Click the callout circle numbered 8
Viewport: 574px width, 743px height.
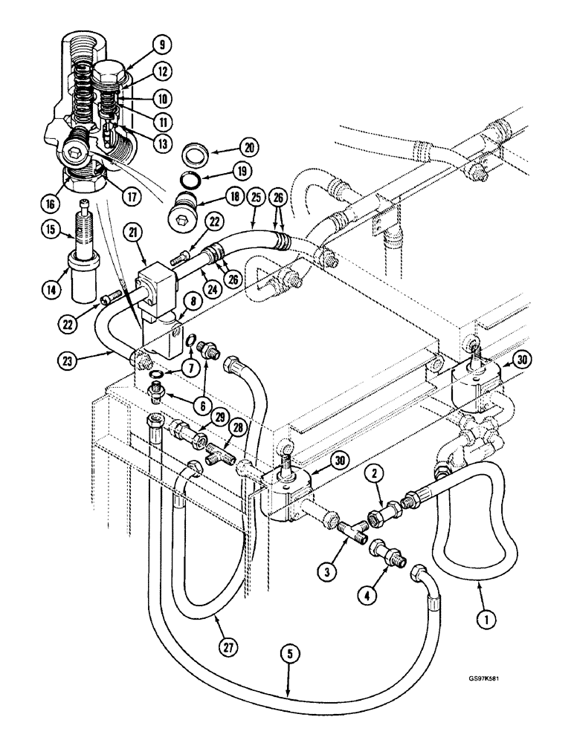click(x=175, y=300)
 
